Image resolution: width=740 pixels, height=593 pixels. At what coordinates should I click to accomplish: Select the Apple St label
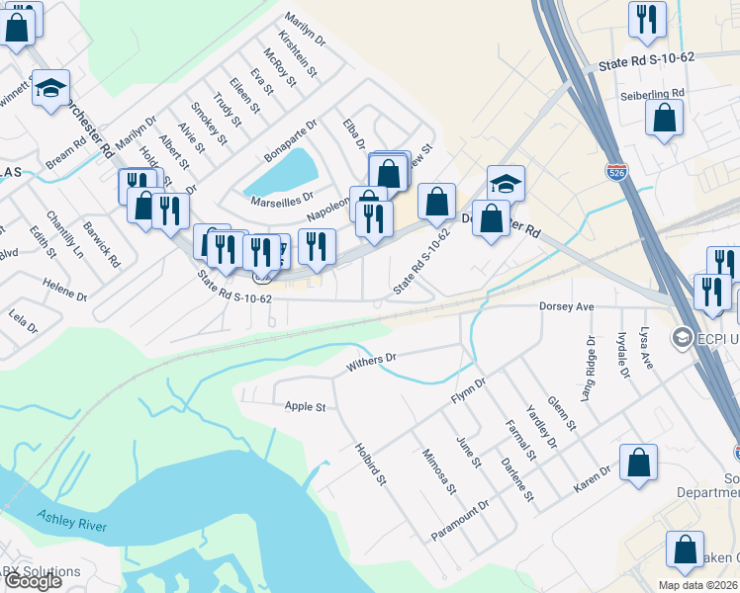(305, 406)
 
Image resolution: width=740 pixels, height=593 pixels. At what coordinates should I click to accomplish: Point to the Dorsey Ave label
(566, 307)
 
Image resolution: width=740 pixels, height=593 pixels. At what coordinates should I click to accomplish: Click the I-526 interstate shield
(614, 171)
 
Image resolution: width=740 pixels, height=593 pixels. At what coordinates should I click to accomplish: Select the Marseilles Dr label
(283, 197)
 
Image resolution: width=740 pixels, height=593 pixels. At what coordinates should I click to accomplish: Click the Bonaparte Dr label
(290, 141)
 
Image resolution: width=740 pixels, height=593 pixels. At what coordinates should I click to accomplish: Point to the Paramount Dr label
(460, 520)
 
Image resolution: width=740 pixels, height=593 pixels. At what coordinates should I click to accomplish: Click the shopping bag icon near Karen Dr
(638, 462)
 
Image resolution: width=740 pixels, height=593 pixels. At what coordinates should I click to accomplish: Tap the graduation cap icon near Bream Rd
(51, 88)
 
